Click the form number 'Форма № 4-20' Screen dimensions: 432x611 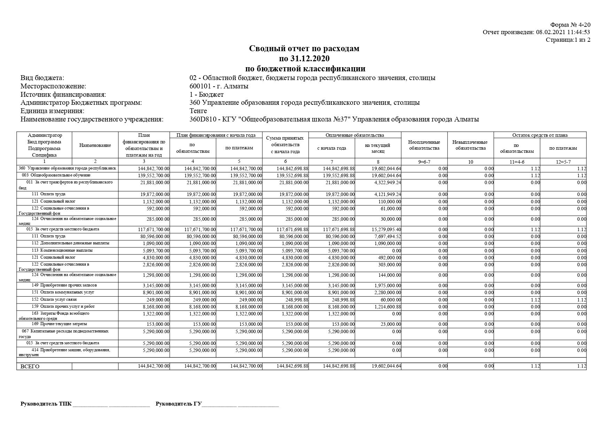click(x=570, y=25)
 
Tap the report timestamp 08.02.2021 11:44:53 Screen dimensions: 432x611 click(x=563, y=32)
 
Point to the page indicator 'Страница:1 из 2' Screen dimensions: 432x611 click(x=568, y=40)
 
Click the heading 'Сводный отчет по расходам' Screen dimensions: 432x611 click(x=304, y=49)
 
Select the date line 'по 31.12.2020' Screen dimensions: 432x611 click(x=304, y=58)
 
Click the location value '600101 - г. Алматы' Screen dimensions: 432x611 click(x=219, y=86)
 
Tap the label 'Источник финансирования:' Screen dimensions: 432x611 click(x=63, y=95)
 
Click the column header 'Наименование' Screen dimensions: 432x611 click(x=95, y=146)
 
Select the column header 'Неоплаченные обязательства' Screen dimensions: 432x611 click(x=424, y=145)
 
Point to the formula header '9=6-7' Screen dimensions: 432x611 click(x=424, y=162)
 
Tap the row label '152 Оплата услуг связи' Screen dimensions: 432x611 click(x=58, y=299)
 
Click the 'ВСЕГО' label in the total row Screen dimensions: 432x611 click(x=30, y=367)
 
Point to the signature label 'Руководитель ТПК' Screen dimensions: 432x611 click(x=46, y=404)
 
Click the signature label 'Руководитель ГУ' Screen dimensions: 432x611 click(x=178, y=404)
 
